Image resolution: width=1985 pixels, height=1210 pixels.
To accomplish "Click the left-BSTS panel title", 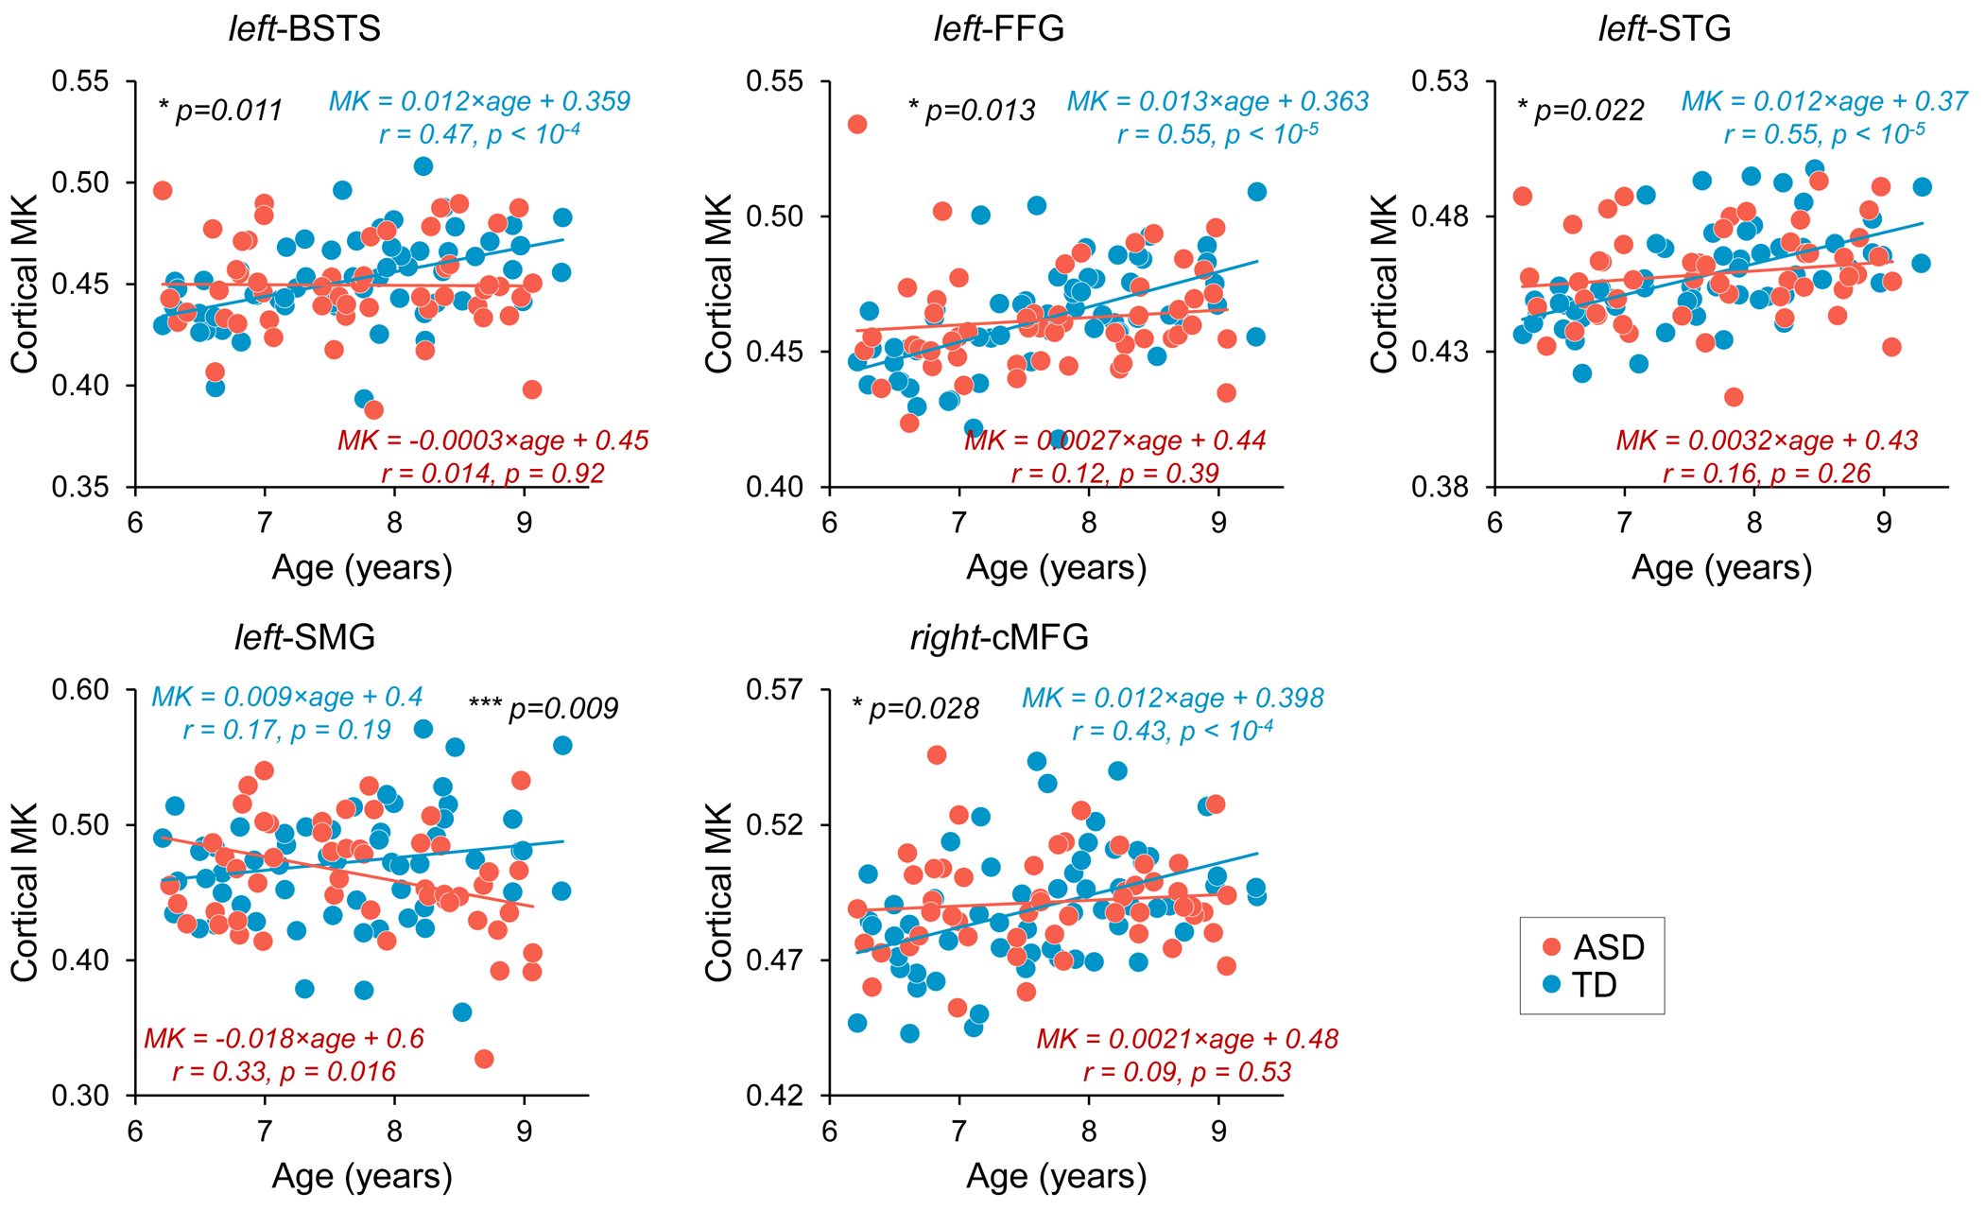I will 304,28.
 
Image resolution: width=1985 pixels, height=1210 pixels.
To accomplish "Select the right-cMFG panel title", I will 999,637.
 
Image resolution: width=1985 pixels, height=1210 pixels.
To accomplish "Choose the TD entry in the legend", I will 1579,985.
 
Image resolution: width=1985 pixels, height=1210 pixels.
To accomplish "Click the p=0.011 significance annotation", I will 221,111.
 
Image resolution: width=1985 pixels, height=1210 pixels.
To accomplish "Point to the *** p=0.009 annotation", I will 544,708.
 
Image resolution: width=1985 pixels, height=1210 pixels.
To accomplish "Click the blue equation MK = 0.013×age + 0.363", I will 1217,101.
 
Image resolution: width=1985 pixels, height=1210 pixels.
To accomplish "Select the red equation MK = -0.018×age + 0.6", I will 284,1039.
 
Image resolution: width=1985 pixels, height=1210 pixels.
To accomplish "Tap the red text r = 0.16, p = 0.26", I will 1766,473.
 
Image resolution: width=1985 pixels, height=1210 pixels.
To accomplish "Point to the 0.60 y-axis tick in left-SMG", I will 84,690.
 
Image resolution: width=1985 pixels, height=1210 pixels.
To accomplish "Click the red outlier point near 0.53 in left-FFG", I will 857,124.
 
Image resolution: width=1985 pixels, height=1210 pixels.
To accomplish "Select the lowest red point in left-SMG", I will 484,1059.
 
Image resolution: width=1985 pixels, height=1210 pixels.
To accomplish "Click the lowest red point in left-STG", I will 1734,397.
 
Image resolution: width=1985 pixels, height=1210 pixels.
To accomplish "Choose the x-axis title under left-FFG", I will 1056,567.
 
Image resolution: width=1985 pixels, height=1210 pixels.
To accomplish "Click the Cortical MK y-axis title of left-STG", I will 1384,284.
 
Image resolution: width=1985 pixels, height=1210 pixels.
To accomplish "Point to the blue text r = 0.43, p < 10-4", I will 1172,730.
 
